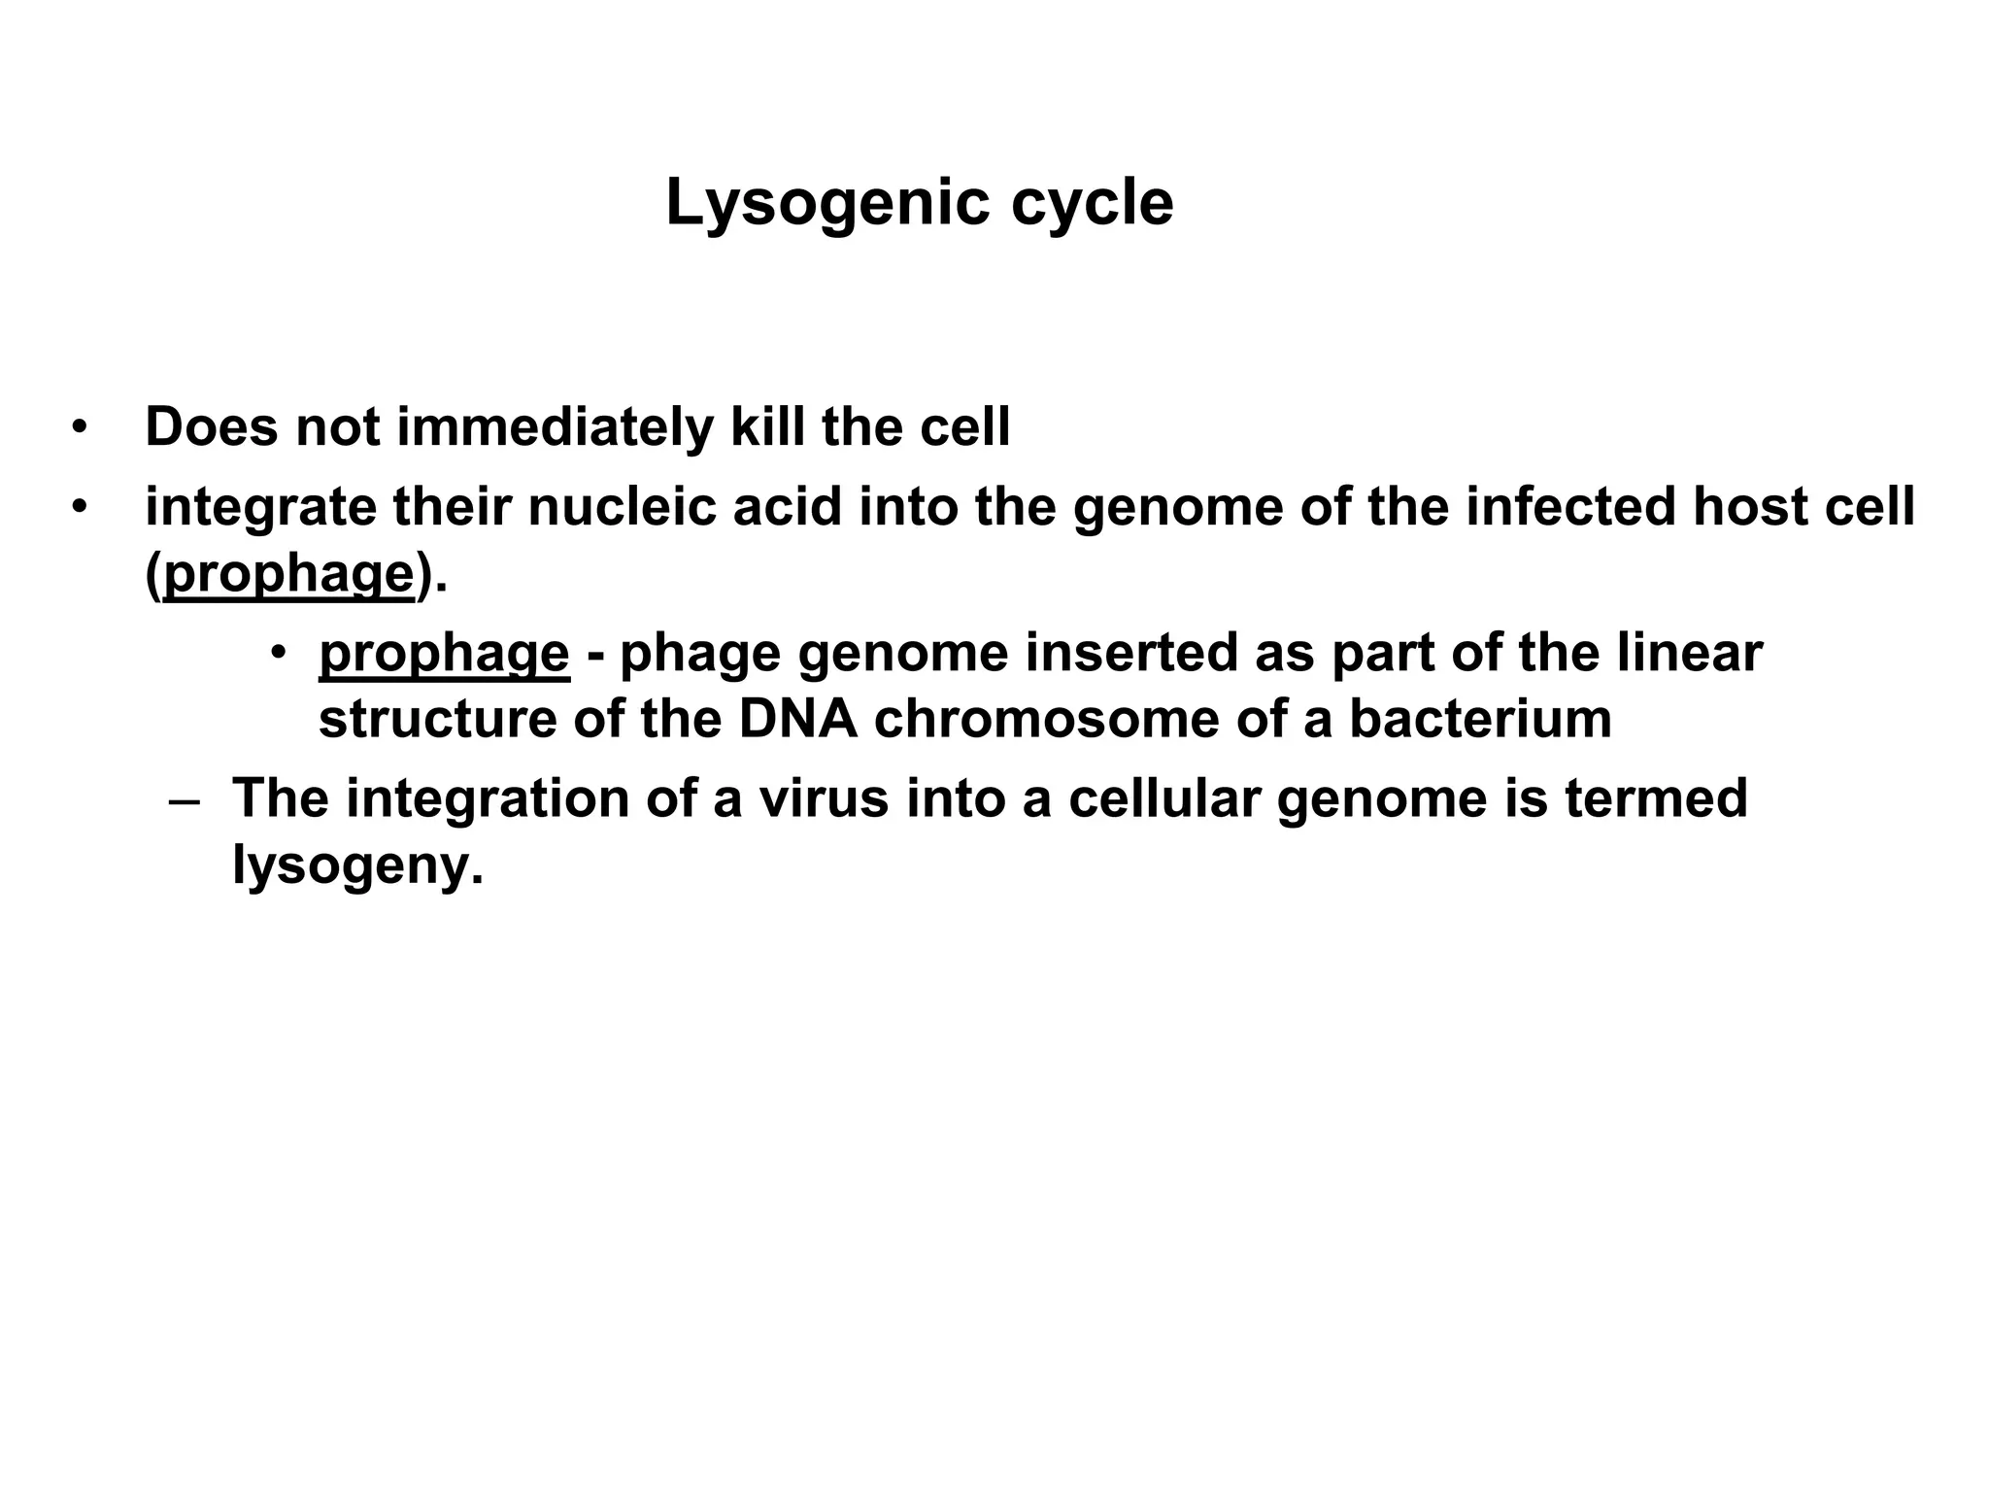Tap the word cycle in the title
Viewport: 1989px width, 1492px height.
tap(1092, 205)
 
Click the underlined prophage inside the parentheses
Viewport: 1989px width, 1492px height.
tap(289, 575)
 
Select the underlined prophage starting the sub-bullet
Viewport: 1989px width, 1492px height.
tap(444, 654)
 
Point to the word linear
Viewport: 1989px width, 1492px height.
tap(1690, 654)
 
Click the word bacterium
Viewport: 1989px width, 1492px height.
tap(1480, 720)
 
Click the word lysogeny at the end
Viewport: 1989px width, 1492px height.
tap(356, 865)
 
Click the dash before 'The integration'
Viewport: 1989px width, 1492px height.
tap(184, 801)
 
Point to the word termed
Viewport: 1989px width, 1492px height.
tap(1656, 798)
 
